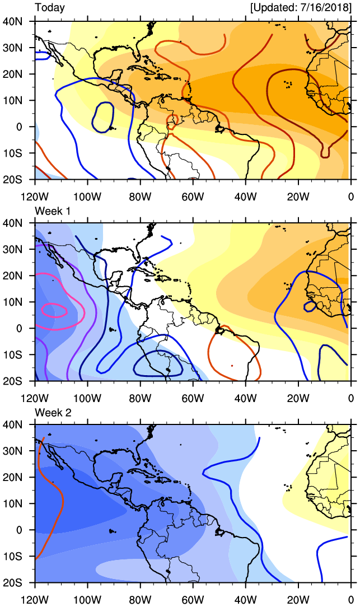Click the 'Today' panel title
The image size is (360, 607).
pyautogui.click(x=50, y=8)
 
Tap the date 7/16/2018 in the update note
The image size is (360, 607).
pyautogui.click(x=327, y=8)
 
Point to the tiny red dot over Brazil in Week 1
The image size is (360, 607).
pyautogui.click(x=232, y=366)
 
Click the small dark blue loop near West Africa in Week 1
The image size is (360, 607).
pyautogui.click(x=308, y=306)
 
